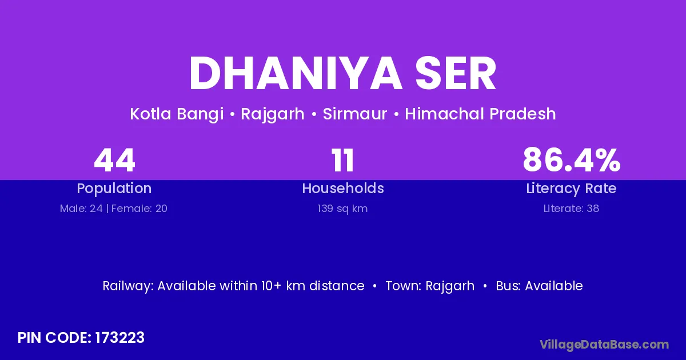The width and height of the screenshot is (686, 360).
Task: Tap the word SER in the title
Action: pos(456,74)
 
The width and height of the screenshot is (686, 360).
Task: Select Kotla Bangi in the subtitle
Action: pos(177,114)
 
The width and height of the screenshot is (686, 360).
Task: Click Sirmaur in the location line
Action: pos(355,114)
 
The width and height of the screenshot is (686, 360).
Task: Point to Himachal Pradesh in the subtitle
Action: pos(480,114)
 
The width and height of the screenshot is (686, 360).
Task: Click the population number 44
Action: pos(114,161)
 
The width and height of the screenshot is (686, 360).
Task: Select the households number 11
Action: pos(343,161)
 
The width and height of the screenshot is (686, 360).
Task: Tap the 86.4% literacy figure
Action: pos(572,160)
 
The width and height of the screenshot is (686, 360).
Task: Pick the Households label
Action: pos(343,188)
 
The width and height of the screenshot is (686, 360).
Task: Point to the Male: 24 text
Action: pos(81,209)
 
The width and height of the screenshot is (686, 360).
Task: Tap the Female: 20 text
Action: pos(139,209)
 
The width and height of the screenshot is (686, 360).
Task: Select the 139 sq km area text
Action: pos(342,209)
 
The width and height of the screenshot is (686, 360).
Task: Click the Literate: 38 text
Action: pos(571,209)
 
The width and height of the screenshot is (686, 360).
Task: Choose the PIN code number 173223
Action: pos(119,338)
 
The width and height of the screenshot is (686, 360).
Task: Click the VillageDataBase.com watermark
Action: pos(604,345)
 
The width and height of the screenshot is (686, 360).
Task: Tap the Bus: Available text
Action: pos(539,286)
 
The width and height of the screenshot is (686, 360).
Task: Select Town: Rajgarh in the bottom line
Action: pos(430,286)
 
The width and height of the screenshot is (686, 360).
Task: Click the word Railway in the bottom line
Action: pos(128,286)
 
